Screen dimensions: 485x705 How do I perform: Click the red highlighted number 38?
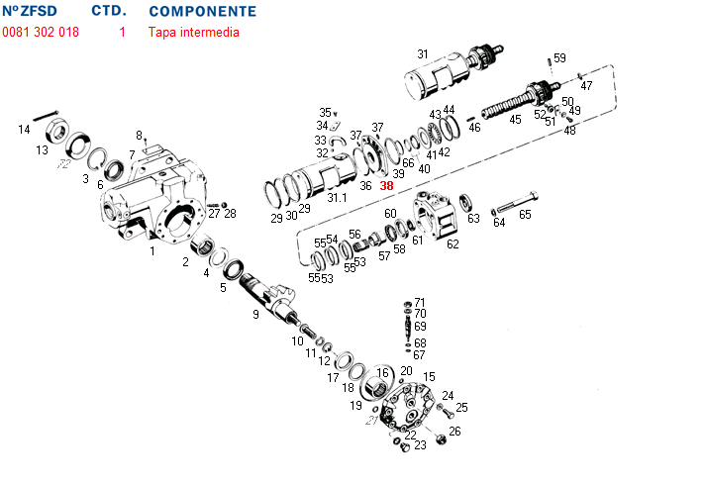pyautogui.click(x=386, y=185)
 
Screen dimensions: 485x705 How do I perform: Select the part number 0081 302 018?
pyautogui.click(x=41, y=32)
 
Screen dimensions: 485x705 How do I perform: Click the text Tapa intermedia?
pyautogui.click(x=194, y=32)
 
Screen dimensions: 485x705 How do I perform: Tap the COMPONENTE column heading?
pyautogui.click(x=202, y=12)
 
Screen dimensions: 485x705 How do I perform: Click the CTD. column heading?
pyautogui.click(x=108, y=12)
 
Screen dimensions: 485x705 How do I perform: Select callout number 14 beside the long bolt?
pyautogui.click(x=25, y=130)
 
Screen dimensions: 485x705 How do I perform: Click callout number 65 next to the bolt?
pyautogui.click(x=525, y=214)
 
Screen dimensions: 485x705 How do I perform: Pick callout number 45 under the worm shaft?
pyautogui.click(x=515, y=120)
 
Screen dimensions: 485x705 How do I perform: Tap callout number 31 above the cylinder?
pyautogui.click(x=423, y=54)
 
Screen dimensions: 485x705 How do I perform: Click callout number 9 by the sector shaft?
pyautogui.click(x=255, y=314)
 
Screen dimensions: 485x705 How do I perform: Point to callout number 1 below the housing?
pyautogui.click(x=151, y=251)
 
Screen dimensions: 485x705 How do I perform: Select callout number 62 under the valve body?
pyautogui.click(x=453, y=243)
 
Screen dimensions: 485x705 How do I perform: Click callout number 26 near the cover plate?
pyautogui.click(x=454, y=431)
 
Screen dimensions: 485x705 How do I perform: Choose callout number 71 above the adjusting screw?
pyautogui.click(x=420, y=302)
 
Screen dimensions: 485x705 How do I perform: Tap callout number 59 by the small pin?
pyautogui.click(x=559, y=58)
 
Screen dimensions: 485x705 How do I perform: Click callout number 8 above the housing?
pyautogui.click(x=140, y=136)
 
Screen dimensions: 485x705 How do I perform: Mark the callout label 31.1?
pyautogui.click(x=338, y=198)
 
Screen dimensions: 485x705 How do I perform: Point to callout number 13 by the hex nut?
pyautogui.click(x=43, y=150)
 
